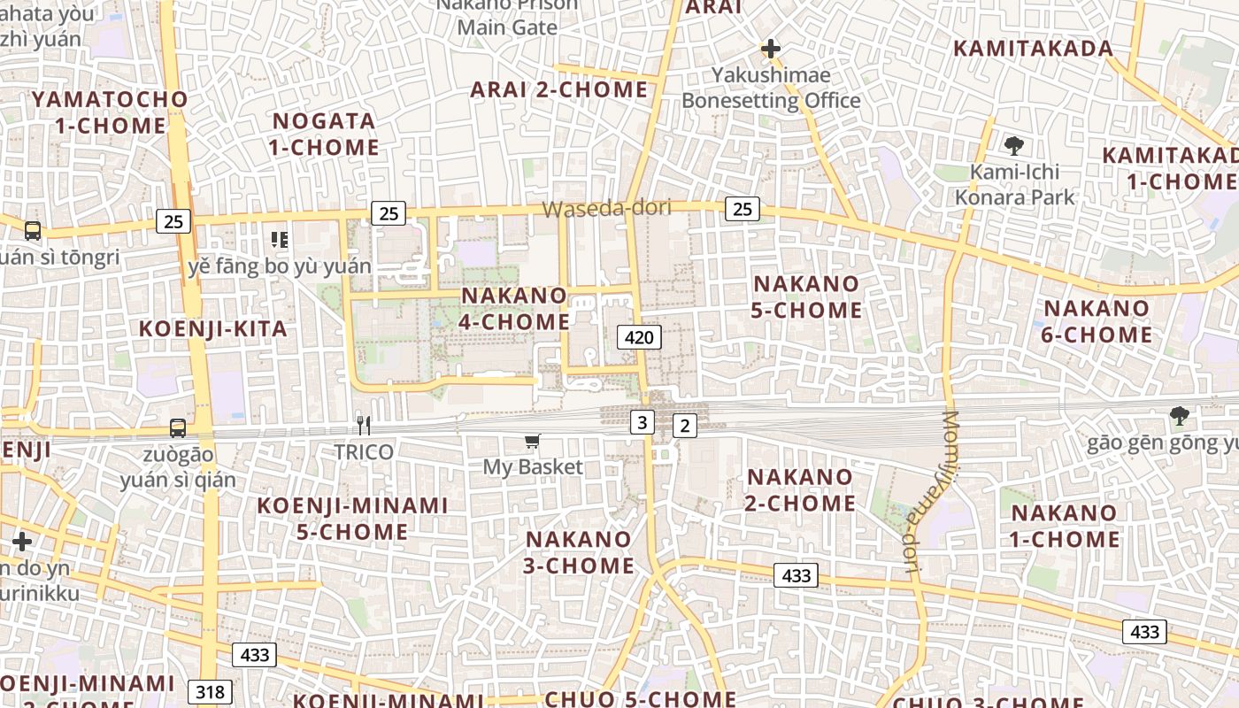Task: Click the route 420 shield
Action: pos(639,336)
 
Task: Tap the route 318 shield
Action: pos(210,691)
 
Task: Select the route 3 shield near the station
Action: pos(643,422)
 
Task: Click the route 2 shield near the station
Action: pos(684,426)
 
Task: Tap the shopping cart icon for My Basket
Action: pos(532,441)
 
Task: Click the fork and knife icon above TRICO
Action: pos(363,425)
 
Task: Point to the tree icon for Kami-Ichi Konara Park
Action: pos(1014,146)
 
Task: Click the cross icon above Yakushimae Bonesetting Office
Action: pos(771,49)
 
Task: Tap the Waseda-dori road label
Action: pos(606,208)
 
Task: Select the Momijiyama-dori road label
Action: pos(929,493)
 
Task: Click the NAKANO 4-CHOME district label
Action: pos(514,308)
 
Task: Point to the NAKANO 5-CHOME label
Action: pos(806,296)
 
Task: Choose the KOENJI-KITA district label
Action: pos(213,329)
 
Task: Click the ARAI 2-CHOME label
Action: pos(559,89)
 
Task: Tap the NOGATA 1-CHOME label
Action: pos(325,134)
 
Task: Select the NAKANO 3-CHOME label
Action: pos(579,552)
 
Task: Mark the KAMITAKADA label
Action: pos(1033,49)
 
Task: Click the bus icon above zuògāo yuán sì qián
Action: pos(178,428)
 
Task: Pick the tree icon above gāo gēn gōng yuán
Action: pos(1179,415)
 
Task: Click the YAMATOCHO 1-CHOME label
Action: pos(111,112)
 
